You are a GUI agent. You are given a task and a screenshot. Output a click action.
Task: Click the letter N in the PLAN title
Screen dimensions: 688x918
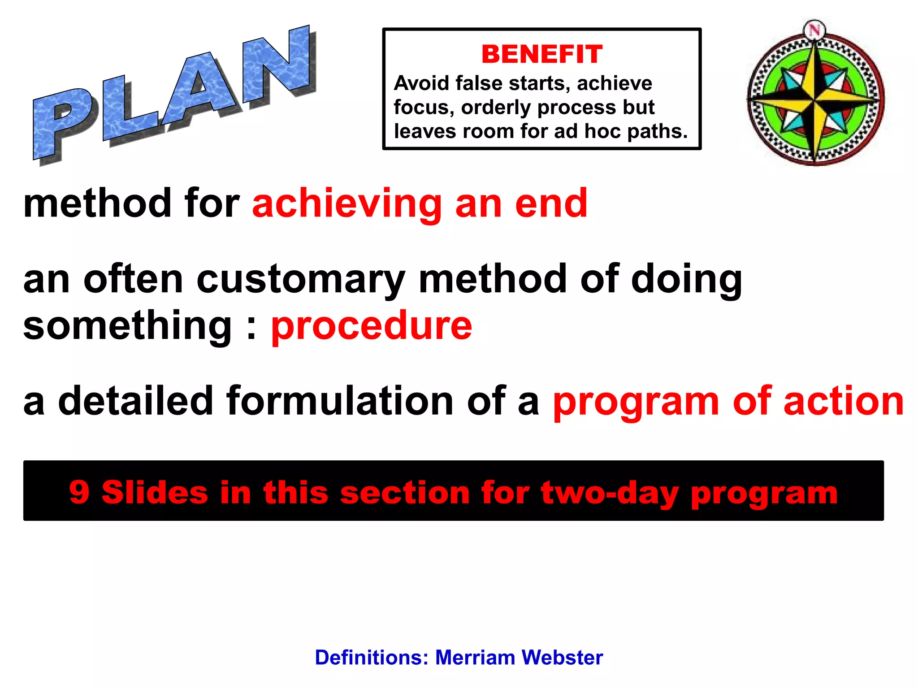pos(278,65)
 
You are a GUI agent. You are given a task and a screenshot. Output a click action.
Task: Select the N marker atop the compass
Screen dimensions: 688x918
pos(814,30)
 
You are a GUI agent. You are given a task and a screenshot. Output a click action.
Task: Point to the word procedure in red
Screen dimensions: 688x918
pos(372,326)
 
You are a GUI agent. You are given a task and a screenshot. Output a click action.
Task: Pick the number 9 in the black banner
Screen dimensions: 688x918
pos(79,492)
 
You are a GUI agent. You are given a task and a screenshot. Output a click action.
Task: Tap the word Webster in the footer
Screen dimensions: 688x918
pos(562,658)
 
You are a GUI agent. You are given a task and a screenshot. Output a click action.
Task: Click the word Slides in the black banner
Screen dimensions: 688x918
pos(155,492)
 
